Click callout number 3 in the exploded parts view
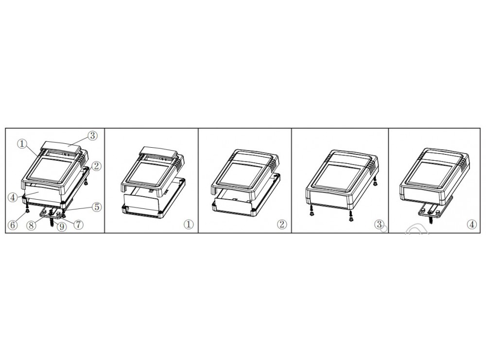pos(92,136)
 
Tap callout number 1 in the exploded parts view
pos(22,143)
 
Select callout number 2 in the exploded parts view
pos(96,166)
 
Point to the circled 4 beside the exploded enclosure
pos(13,197)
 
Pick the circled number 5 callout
pos(97,206)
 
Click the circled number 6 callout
pos(13,225)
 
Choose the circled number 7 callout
pos(78,224)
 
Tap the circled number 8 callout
pos(31,225)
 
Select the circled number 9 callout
pos(62,227)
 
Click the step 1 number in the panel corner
pos(189,224)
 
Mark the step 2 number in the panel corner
pos(282,224)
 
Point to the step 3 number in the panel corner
pos(379,224)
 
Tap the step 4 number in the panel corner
pos(472,224)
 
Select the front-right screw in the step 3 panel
pos(350,216)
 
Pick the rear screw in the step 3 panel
pos(375,181)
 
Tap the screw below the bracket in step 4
pos(430,220)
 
